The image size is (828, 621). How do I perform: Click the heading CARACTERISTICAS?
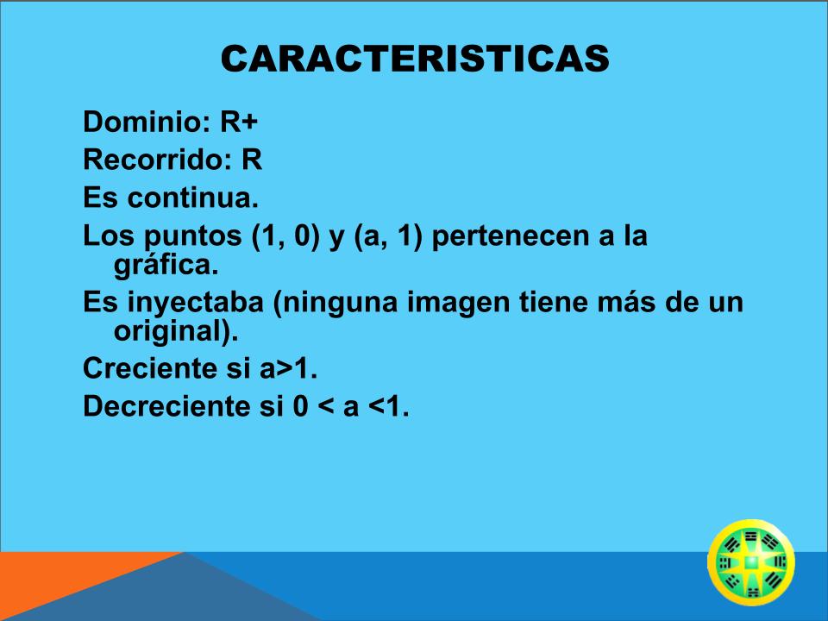tap(415, 58)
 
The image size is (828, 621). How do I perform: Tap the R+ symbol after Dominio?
tap(239, 122)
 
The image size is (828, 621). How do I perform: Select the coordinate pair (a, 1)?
tap(389, 236)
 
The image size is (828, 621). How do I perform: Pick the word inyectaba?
tap(196, 303)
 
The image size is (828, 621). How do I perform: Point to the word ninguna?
tap(335, 303)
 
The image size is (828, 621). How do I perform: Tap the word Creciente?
tap(150, 368)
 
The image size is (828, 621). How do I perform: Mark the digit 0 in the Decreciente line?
tap(300, 406)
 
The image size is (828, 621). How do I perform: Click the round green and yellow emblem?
tap(751, 562)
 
